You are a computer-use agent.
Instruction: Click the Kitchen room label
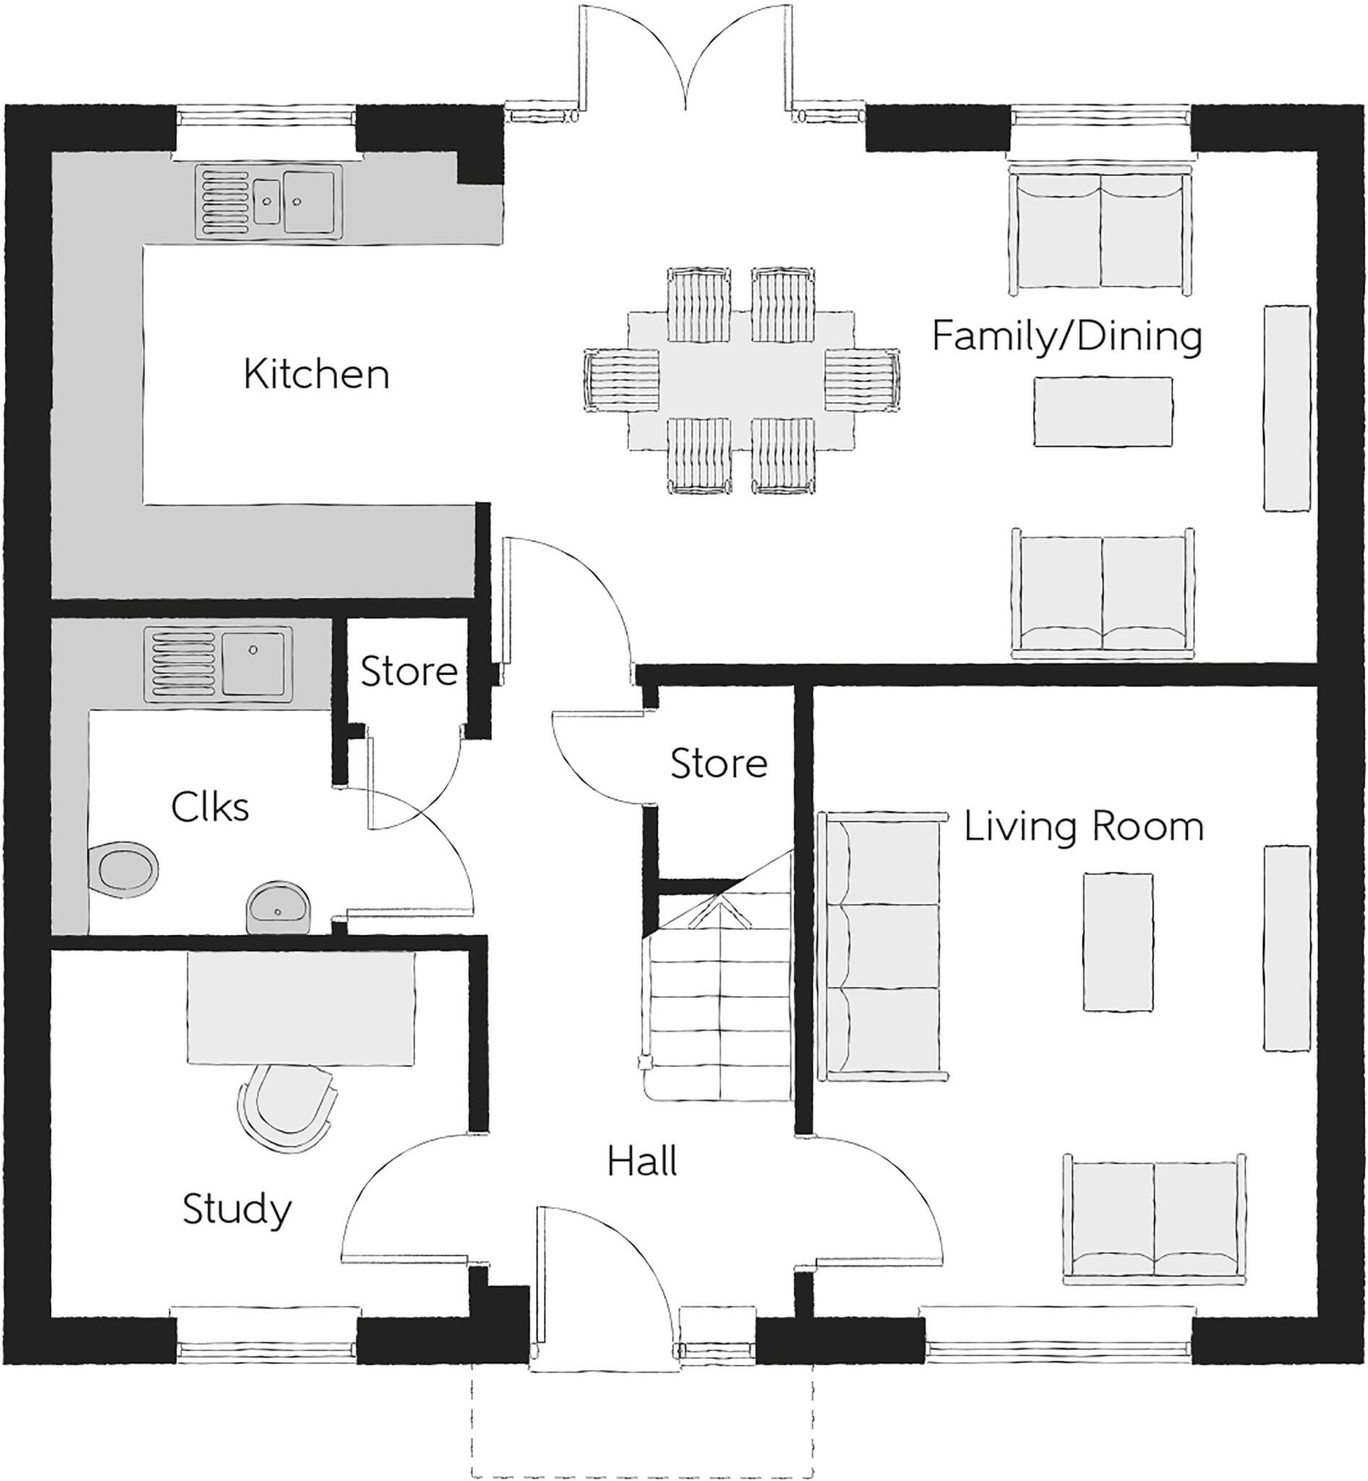[x=316, y=375]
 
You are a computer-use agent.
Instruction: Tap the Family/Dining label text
[x=1066, y=337]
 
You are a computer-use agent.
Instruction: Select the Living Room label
[x=1083, y=827]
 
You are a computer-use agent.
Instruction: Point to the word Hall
[x=642, y=1162]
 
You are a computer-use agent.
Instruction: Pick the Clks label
[x=210, y=808]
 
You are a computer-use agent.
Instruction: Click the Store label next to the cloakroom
[x=409, y=671]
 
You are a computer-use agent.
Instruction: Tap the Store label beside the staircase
[x=718, y=763]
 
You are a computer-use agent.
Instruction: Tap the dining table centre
[x=740, y=380]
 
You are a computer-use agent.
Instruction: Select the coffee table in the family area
[x=1103, y=411]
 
